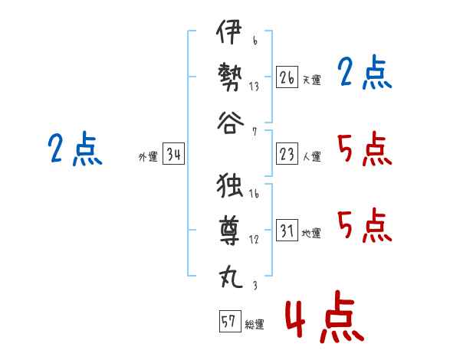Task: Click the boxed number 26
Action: point(287,77)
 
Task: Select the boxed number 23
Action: point(287,154)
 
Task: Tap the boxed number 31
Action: point(287,231)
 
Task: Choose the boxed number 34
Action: point(173,155)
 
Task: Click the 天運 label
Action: point(311,80)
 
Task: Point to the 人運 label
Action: point(311,157)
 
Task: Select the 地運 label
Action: point(311,234)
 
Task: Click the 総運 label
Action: point(255,325)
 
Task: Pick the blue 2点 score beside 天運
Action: point(364,74)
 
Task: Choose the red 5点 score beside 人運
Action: point(364,149)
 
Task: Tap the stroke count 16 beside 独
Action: point(254,195)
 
